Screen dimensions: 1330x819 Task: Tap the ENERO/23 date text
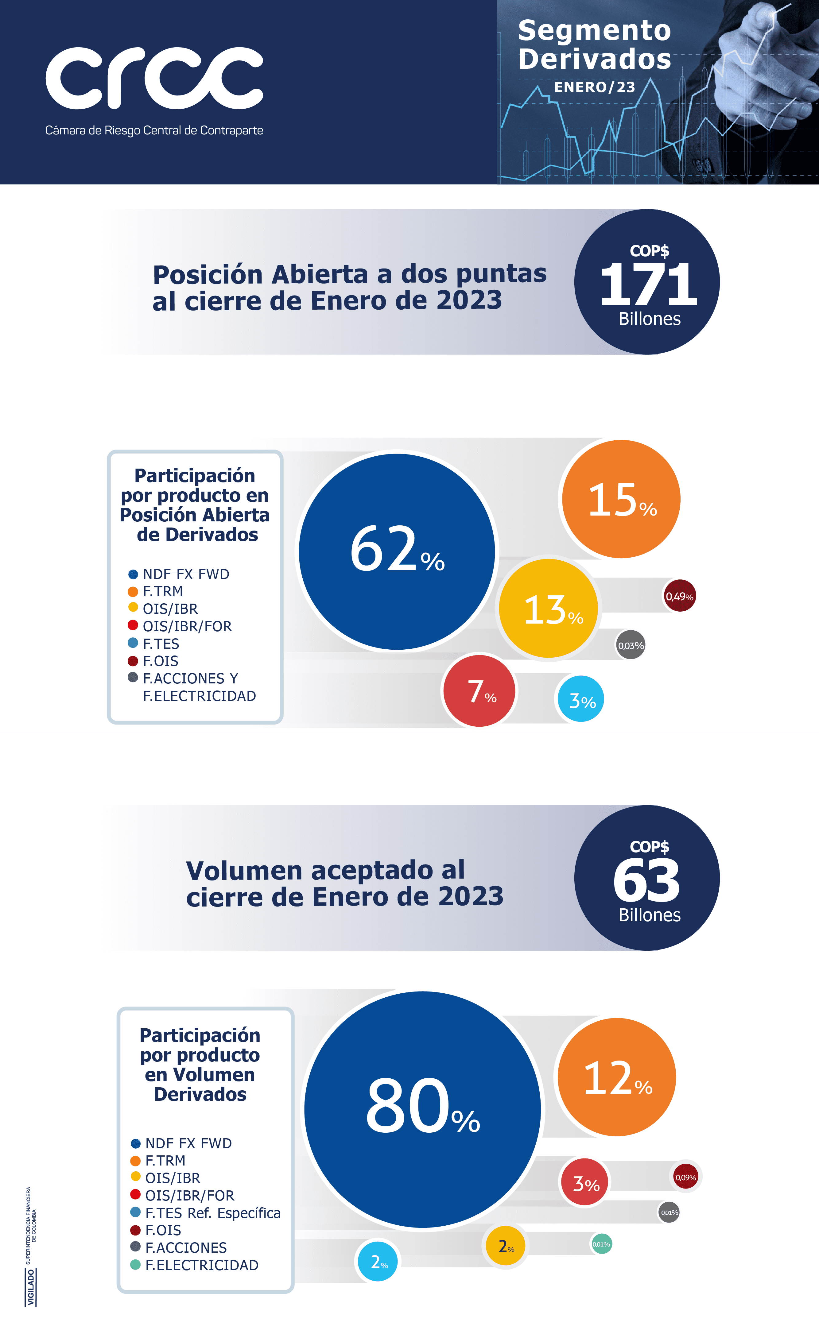click(x=594, y=87)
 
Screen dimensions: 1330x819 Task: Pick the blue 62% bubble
click(x=397, y=551)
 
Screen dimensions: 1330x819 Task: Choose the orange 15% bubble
click(x=621, y=499)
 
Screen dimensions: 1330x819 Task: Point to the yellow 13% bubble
click(x=548, y=609)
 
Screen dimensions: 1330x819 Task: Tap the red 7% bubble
click(x=479, y=691)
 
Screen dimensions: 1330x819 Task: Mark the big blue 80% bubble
click(x=422, y=1108)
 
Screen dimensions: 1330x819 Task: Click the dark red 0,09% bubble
click(x=685, y=1177)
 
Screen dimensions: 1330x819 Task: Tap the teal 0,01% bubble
click(x=601, y=1244)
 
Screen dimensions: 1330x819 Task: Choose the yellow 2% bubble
click(x=505, y=1246)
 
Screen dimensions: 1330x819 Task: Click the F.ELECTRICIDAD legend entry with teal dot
click(x=195, y=1265)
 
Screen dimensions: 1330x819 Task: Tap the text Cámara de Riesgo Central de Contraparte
click(x=154, y=130)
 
